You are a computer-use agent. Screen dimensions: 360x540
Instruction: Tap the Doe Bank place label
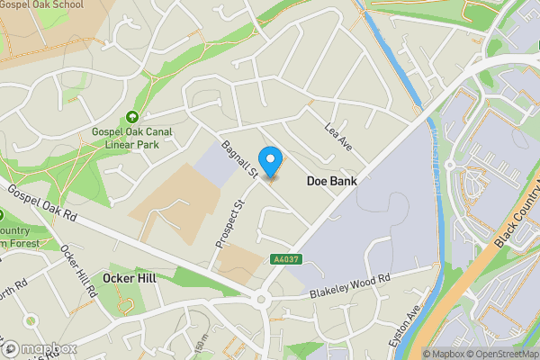pyautogui.click(x=331, y=181)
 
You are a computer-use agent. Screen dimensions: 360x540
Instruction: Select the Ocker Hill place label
pyautogui.click(x=130, y=278)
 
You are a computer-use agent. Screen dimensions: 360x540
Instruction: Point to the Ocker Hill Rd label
pyautogui.click(x=78, y=271)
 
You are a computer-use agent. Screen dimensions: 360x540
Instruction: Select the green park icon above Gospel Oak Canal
pyautogui.click(x=133, y=117)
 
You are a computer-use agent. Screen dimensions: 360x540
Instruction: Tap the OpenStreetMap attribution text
pyautogui.click(x=502, y=354)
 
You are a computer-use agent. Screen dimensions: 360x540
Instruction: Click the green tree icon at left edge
pyautogui.click(x=3, y=216)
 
